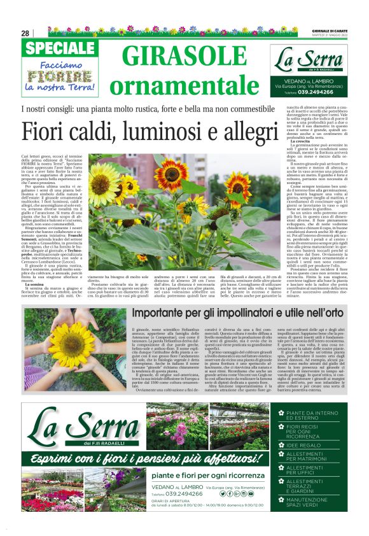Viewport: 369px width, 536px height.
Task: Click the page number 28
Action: [25, 33]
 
